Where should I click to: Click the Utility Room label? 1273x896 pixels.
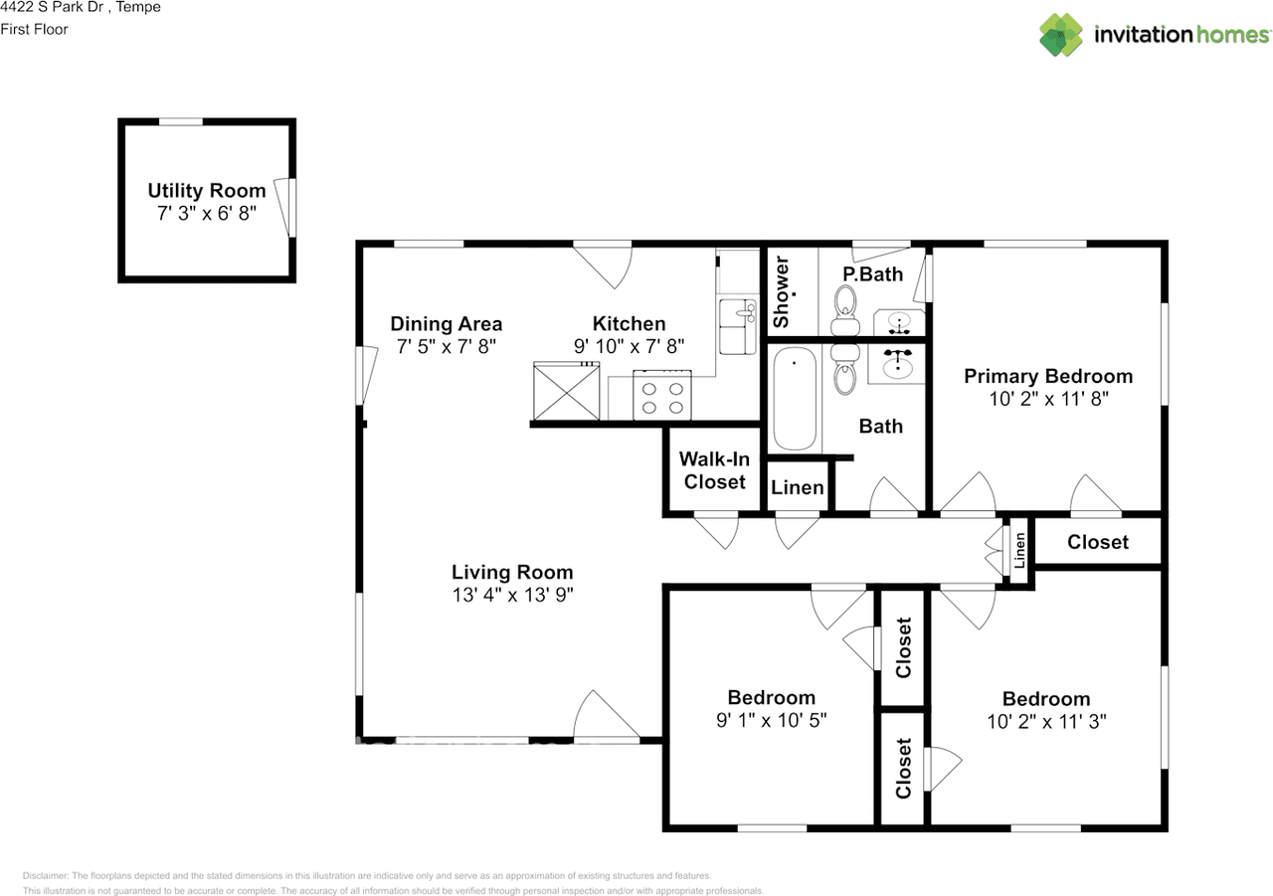tap(207, 191)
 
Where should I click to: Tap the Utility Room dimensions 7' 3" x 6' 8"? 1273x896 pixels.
tap(207, 214)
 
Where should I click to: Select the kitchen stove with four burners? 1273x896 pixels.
tap(662, 396)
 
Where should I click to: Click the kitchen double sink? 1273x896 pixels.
tap(738, 327)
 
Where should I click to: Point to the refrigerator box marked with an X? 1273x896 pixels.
tap(566, 391)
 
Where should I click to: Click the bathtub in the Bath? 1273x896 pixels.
tap(795, 399)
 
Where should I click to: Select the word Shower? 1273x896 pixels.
tap(782, 292)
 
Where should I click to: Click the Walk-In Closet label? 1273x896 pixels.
tap(714, 470)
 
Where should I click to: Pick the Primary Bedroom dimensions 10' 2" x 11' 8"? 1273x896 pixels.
tap(1048, 399)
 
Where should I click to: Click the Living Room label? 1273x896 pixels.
tap(512, 572)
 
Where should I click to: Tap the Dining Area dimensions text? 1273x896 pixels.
tap(447, 347)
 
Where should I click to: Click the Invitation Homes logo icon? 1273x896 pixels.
tap(1061, 35)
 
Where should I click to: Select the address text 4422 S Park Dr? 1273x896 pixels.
tap(53, 7)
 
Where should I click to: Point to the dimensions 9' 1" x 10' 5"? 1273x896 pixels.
tap(771, 720)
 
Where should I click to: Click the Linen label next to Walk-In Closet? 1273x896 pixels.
tap(797, 487)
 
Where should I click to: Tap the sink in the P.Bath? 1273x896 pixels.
tap(899, 323)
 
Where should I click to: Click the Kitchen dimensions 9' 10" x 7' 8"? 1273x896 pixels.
tap(629, 346)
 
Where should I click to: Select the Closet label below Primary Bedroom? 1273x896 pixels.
tap(1098, 542)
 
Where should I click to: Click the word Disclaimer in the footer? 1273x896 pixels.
tap(46, 875)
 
